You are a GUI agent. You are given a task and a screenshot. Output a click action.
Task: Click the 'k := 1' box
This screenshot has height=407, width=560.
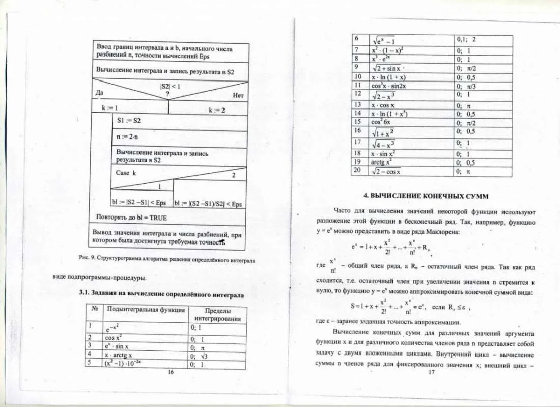109,108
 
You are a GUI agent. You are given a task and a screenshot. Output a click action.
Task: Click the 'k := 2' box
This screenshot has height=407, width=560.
216,110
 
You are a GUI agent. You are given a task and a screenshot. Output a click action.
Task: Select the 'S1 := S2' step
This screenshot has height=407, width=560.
128,121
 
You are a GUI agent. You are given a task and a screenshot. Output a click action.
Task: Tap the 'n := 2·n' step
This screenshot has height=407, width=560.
128,137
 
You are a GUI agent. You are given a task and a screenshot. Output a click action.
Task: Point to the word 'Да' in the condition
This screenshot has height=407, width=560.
100,93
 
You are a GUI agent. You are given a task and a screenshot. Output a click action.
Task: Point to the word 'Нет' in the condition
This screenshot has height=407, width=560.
238,95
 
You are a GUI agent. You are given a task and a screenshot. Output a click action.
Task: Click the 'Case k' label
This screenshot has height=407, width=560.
126,173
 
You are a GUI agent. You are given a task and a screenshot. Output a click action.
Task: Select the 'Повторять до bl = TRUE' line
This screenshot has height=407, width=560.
131,217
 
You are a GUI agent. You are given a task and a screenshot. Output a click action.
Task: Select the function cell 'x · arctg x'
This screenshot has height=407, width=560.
118,355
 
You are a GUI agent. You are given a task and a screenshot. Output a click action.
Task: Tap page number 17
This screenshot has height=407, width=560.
431,372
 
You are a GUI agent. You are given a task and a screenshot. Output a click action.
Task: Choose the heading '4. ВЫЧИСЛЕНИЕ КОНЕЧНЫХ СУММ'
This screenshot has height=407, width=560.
426,196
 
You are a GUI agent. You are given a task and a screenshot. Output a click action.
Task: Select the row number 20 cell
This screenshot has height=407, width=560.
357,170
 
